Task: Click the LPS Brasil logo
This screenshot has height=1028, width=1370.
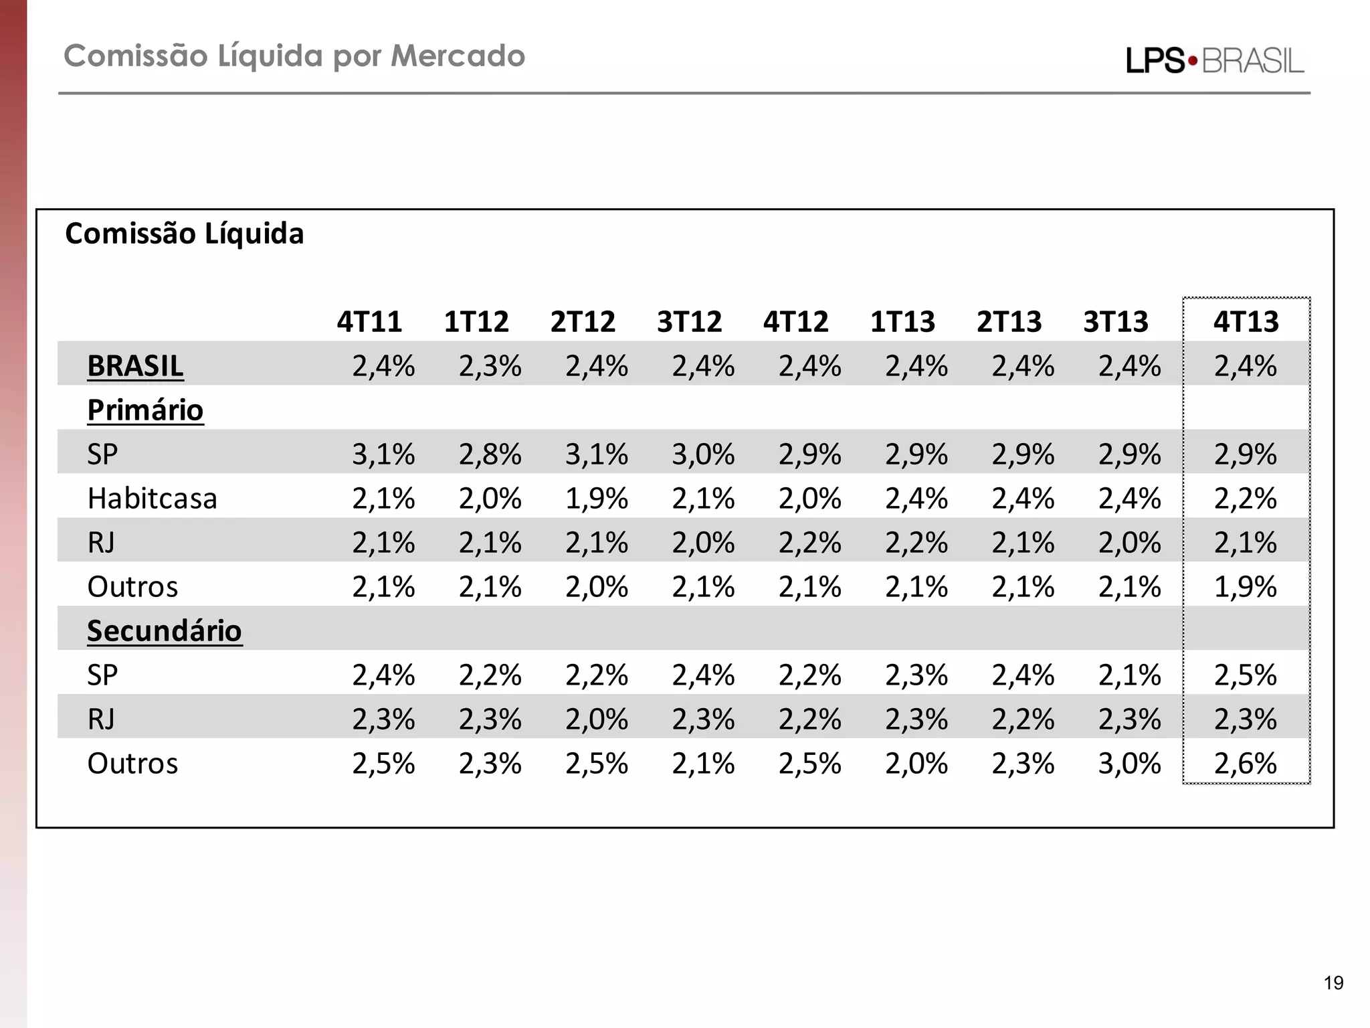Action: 1215,61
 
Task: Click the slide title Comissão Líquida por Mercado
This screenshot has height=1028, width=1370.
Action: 294,56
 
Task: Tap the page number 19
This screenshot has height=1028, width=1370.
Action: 1333,983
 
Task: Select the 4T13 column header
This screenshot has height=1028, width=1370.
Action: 1246,322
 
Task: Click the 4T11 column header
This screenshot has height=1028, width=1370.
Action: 369,322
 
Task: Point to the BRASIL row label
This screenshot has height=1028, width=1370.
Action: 135,366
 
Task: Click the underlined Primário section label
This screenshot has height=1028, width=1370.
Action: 145,410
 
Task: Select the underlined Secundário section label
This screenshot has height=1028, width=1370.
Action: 165,631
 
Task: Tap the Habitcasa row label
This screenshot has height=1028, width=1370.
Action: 153,499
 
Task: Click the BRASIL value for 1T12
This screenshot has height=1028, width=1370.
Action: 490,366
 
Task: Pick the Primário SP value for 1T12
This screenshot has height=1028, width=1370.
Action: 490,454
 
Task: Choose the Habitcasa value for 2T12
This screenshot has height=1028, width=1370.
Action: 596,499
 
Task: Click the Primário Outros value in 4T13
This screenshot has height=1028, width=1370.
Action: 1245,587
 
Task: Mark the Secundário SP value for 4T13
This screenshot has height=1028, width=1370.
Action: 1245,675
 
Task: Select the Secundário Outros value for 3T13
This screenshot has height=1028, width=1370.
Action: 1129,764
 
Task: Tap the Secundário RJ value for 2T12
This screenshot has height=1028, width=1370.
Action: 596,719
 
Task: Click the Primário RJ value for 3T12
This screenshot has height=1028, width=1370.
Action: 703,543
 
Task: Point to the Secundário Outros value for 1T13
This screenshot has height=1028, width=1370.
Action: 916,764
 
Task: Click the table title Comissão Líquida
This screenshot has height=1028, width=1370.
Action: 185,234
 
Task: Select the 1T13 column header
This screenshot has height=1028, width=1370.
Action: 902,322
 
